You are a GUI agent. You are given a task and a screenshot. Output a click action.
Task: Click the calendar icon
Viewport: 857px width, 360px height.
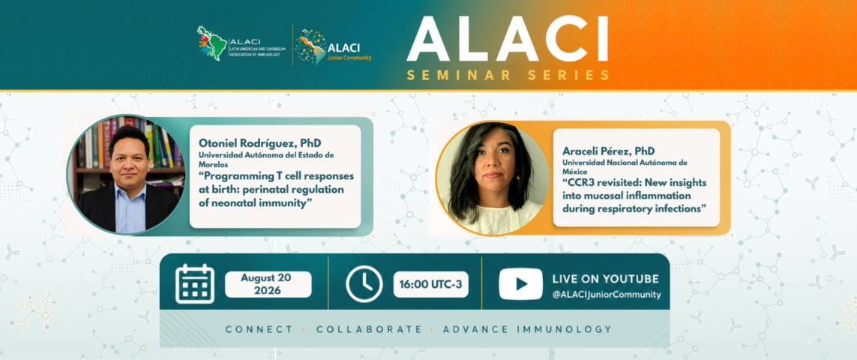tap(195, 284)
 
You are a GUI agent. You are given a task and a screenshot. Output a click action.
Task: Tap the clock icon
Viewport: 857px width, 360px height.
tap(364, 284)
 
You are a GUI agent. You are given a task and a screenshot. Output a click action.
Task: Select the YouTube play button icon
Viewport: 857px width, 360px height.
tap(520, 284)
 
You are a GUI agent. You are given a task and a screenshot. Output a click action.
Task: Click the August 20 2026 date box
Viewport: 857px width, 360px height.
tap(268, 284)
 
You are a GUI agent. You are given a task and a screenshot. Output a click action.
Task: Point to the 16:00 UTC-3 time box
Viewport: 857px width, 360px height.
tap(430, 284)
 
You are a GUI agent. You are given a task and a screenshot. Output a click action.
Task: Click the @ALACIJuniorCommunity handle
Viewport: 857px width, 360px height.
tap(606, 295)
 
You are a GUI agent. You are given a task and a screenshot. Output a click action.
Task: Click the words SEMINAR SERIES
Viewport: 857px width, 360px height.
tap(508, 76)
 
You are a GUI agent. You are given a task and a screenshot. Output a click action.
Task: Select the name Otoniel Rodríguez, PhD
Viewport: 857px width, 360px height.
tap(259, 143)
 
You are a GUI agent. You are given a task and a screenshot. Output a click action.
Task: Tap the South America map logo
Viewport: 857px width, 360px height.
tap(213, 43)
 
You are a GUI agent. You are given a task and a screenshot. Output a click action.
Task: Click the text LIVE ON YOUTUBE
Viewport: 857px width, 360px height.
tap(606, 279)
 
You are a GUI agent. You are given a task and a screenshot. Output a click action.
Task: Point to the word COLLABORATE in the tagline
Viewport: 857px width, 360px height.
tap(370, 329)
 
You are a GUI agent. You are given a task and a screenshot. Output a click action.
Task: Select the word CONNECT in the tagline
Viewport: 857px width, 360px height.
tap(259, 329)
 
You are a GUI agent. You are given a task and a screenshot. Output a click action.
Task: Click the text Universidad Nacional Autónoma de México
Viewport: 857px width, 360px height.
tap(625, 166)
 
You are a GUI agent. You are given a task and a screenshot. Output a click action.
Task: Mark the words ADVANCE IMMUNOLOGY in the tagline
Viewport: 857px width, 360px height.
tap(527, 329)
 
